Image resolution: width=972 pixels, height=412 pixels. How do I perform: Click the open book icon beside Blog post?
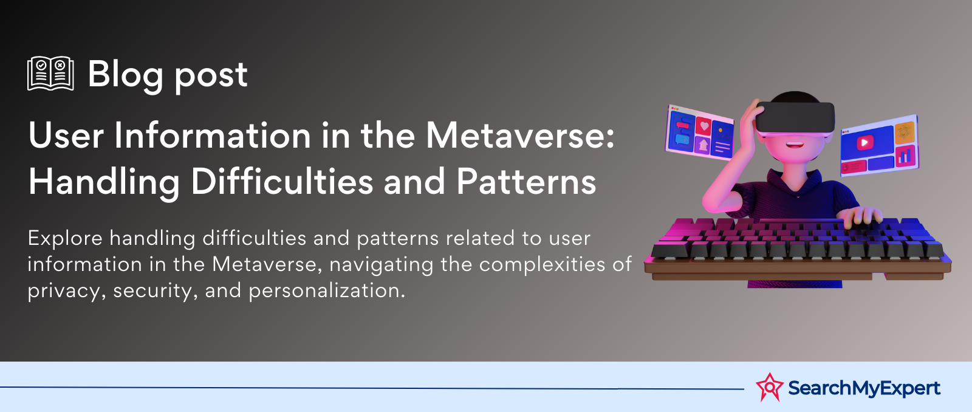[50, 74]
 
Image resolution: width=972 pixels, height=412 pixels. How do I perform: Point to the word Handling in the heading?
[104, 182]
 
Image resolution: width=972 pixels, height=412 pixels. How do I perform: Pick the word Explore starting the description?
[65, 239]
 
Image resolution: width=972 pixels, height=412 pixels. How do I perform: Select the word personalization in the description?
[327, 291]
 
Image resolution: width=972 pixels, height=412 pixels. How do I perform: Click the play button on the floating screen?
[864, 142]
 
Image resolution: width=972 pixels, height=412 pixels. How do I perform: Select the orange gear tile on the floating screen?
[905, 132]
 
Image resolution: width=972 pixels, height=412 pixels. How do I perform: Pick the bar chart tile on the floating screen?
[906, 156]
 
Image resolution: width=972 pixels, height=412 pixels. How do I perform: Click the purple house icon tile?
[703, 145]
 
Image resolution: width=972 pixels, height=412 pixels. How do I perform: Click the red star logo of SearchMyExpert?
[769, 387]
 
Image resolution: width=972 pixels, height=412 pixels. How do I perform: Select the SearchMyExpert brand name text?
[864, 388]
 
